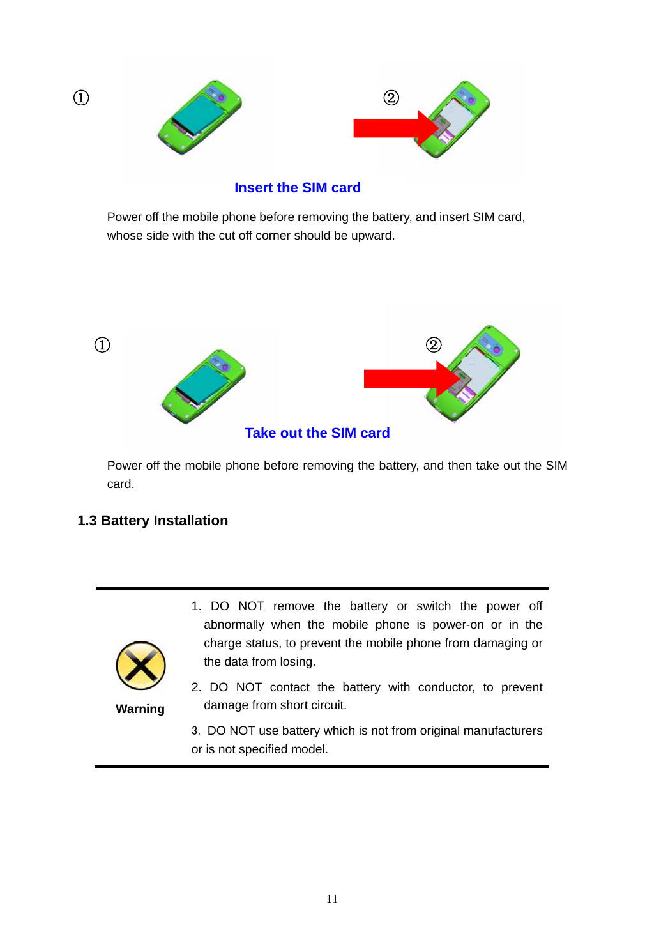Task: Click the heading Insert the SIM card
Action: pyautogui.click(x=297, y=188)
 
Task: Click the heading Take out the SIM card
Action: pyautogui.click(x=317, y=433)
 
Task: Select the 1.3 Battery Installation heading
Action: pyautogui.click(x=153, y=521)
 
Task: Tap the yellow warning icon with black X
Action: pyautogui.click(x=140, y=666)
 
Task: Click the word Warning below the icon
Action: pyautogui.click(x=140, y=709)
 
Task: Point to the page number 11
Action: pyautogui.click(x=331, y=899)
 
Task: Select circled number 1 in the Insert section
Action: pyautogui.click(x=81, y=98)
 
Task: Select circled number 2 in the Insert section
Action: pyautogui.click(x=391, y=98)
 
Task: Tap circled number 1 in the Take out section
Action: pyautogui.click(x=102, y=345)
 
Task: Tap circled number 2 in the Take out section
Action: pyautogui.click(x=434, y=345)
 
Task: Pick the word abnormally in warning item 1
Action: pyautogui.click(x=234, y=625)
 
